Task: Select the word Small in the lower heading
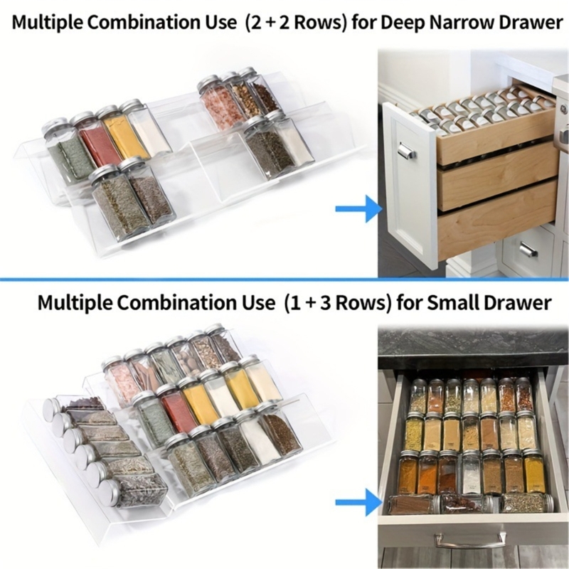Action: pos(457,303)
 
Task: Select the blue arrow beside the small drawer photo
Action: pos(358,504)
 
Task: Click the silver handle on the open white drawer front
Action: pos(406,151)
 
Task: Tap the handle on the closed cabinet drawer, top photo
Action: pos(527,250)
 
